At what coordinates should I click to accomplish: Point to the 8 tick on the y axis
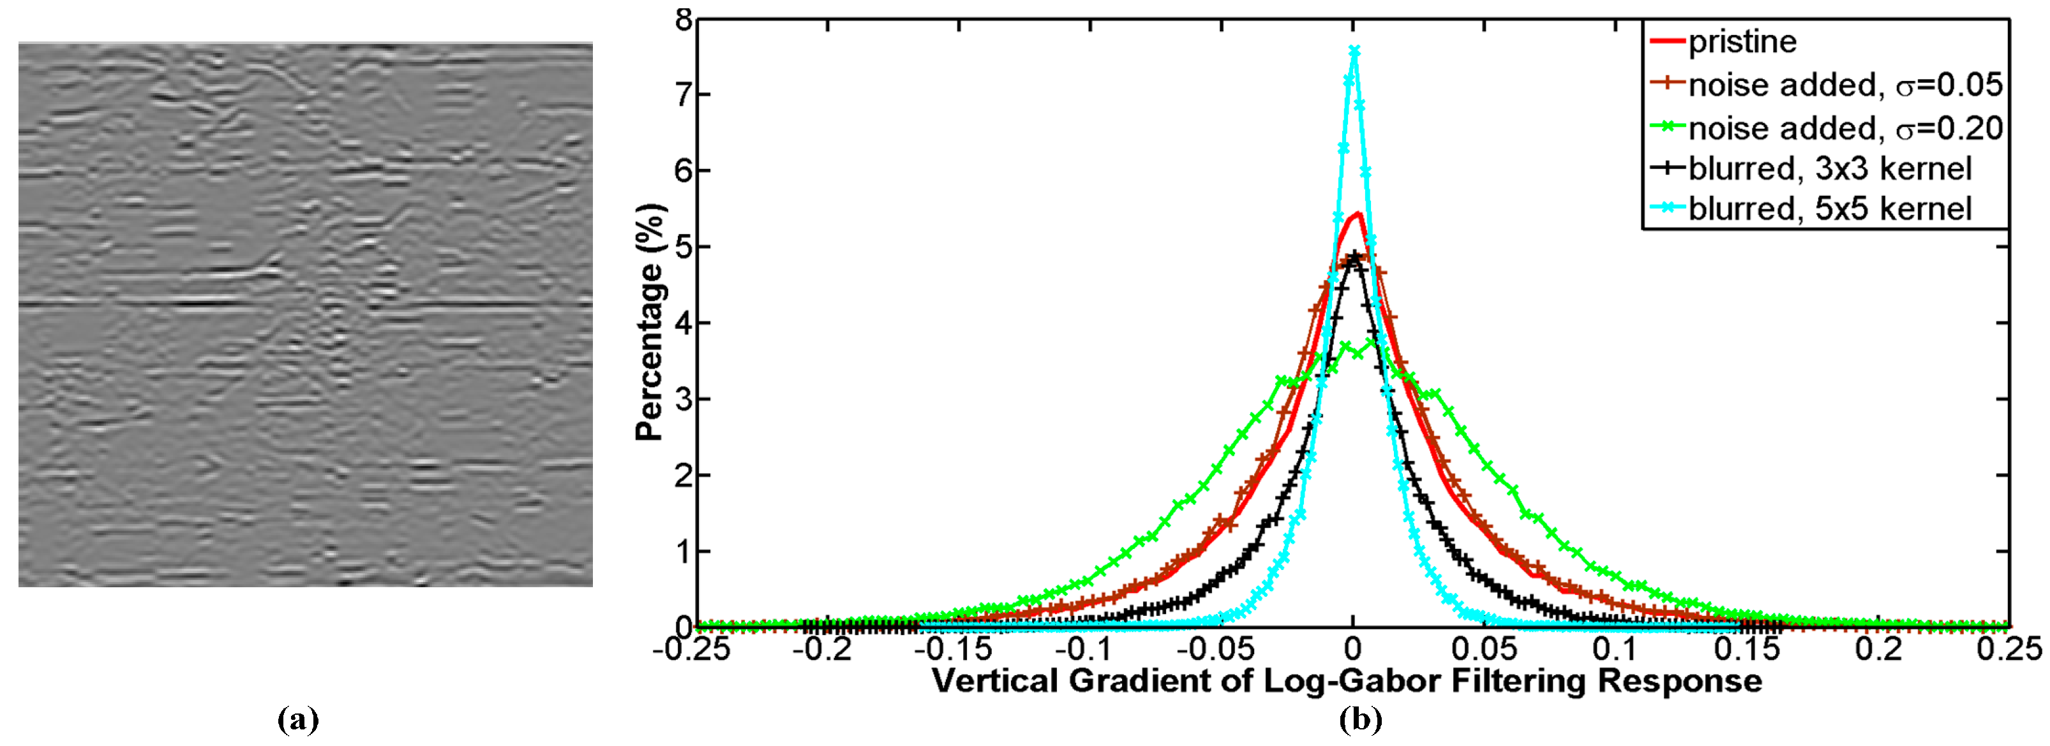point(683,19)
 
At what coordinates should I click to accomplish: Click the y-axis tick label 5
point(683,247)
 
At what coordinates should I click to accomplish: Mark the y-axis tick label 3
point(683,399)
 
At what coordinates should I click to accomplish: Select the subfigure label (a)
point(299,720)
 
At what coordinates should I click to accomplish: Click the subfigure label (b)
point(1360,720)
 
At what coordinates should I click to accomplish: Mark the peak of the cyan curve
point(1354,51)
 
